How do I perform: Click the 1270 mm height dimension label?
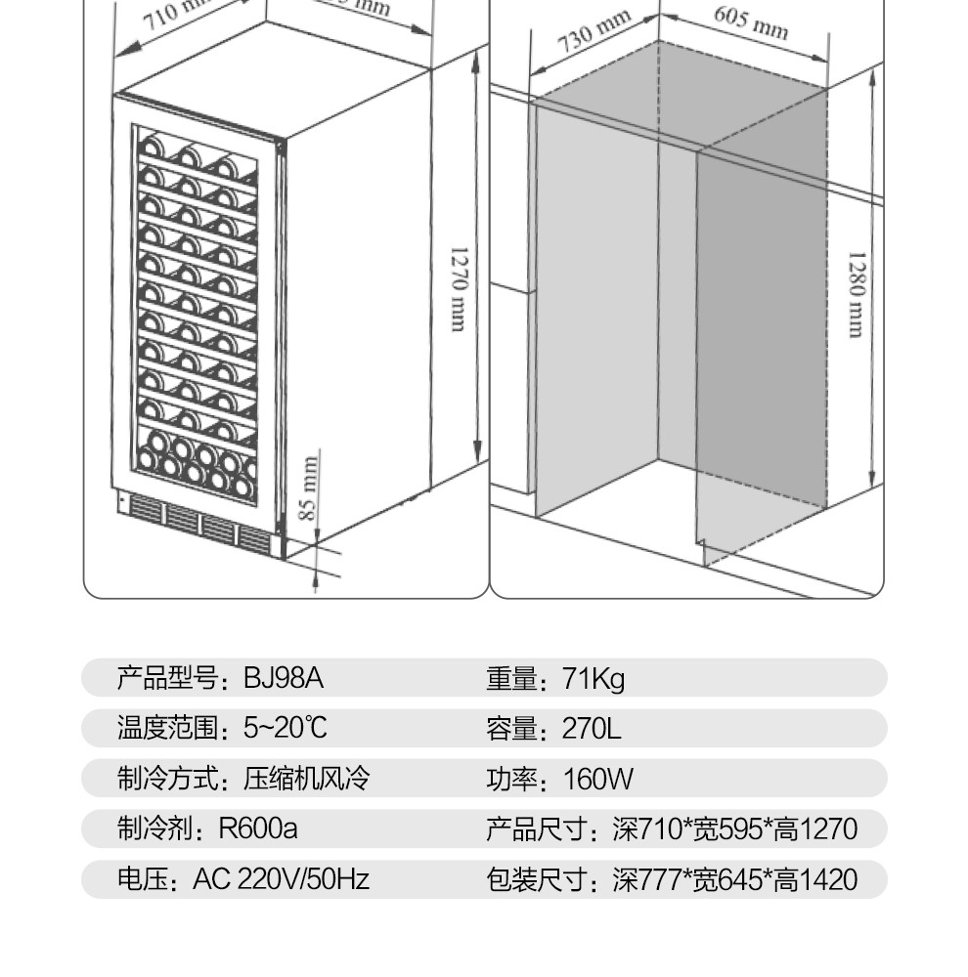tap(457, 288)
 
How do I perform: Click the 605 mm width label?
tap(750, 22)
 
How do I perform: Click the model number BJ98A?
tap(283, 677)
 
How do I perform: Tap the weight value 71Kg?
tap(594, 677)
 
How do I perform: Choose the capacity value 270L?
tap(592, 728)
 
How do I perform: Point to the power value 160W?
tap(597, 779)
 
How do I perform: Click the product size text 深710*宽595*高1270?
tap(734, 829)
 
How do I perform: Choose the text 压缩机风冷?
tap(307, 779)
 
